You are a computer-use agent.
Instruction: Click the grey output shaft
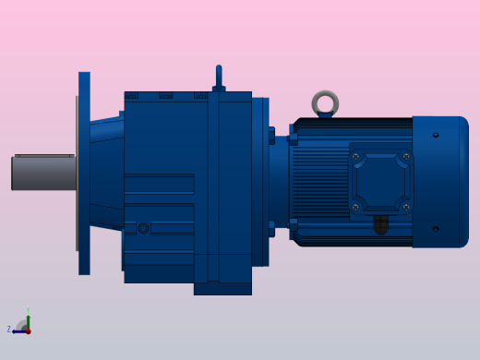[x=42, y=173]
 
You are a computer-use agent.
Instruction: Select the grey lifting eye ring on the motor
[x=325, y=103]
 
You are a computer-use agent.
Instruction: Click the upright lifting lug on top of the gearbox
[x=219, y=78]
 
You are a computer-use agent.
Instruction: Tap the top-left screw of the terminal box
[x=356, y=157]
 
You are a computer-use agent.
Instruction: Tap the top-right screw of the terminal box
[x=405, y=157]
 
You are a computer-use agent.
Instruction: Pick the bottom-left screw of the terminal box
[x=356, y=207]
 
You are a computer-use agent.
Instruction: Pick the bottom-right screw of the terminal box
[x=405, y=207]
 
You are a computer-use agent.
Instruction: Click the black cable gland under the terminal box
[x=380, y=224]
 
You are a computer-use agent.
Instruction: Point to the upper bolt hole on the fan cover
[x=436, y=135]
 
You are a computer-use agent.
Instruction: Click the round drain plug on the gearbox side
[x=143, y=228]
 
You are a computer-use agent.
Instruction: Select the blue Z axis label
[x=9, y=329]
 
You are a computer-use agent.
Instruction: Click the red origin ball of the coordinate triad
[x=28, y=330]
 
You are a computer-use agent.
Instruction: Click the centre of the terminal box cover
[x=380, y=182]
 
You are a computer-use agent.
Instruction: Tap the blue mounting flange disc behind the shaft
[x=84, y=174]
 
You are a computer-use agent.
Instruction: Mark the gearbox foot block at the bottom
[x=222, y=288]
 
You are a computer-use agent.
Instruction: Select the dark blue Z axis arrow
[x=18, y=330]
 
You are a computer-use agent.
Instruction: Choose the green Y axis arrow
[x=28, y=319]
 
